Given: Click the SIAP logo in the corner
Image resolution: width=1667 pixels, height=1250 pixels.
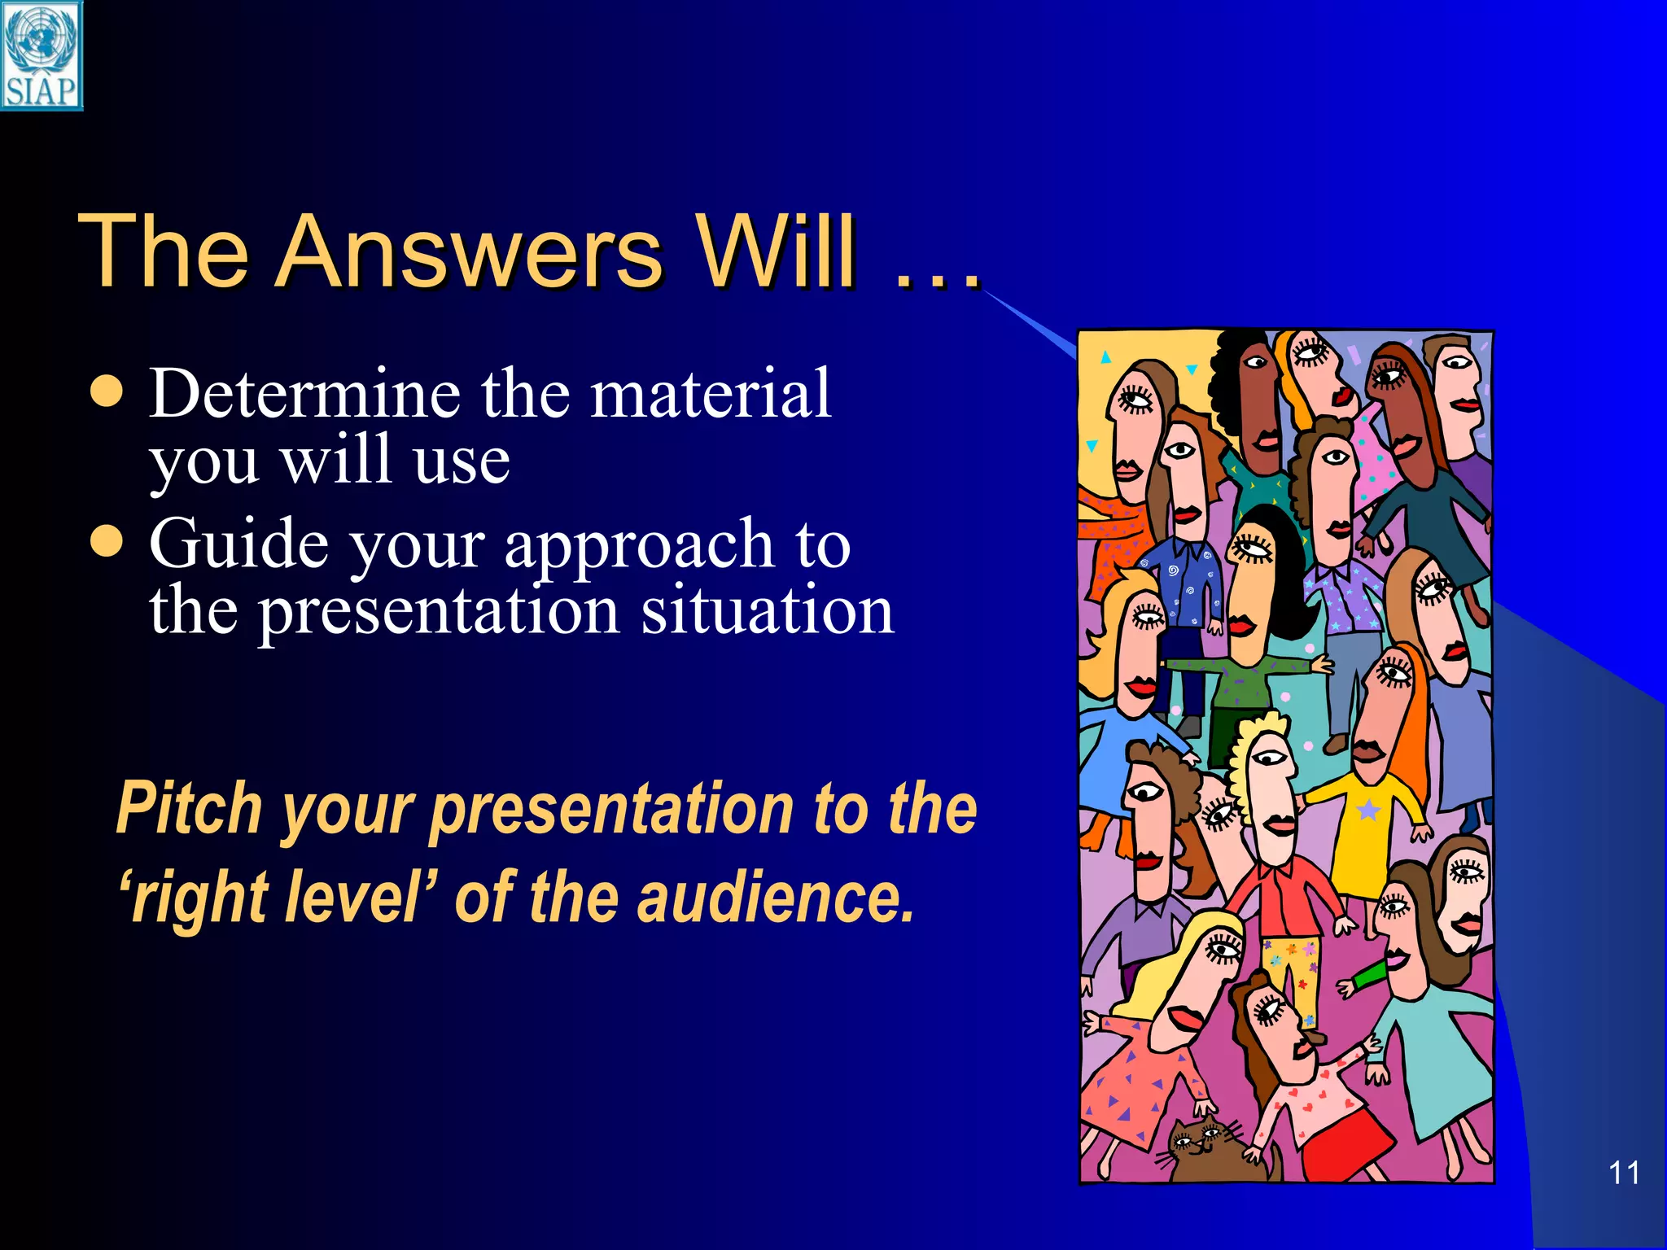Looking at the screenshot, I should (x=41, y=55).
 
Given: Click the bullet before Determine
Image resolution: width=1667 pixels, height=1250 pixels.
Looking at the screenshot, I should (x=107, y=391).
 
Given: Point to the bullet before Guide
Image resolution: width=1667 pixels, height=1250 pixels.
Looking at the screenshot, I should (x=107, y=540).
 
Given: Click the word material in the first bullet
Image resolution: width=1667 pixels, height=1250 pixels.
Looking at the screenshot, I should (x=710, y=394).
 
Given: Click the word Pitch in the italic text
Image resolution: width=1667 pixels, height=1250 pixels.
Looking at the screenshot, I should (x=189, y=808).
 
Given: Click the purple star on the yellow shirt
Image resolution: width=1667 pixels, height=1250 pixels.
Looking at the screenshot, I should (x=1368, y=810).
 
